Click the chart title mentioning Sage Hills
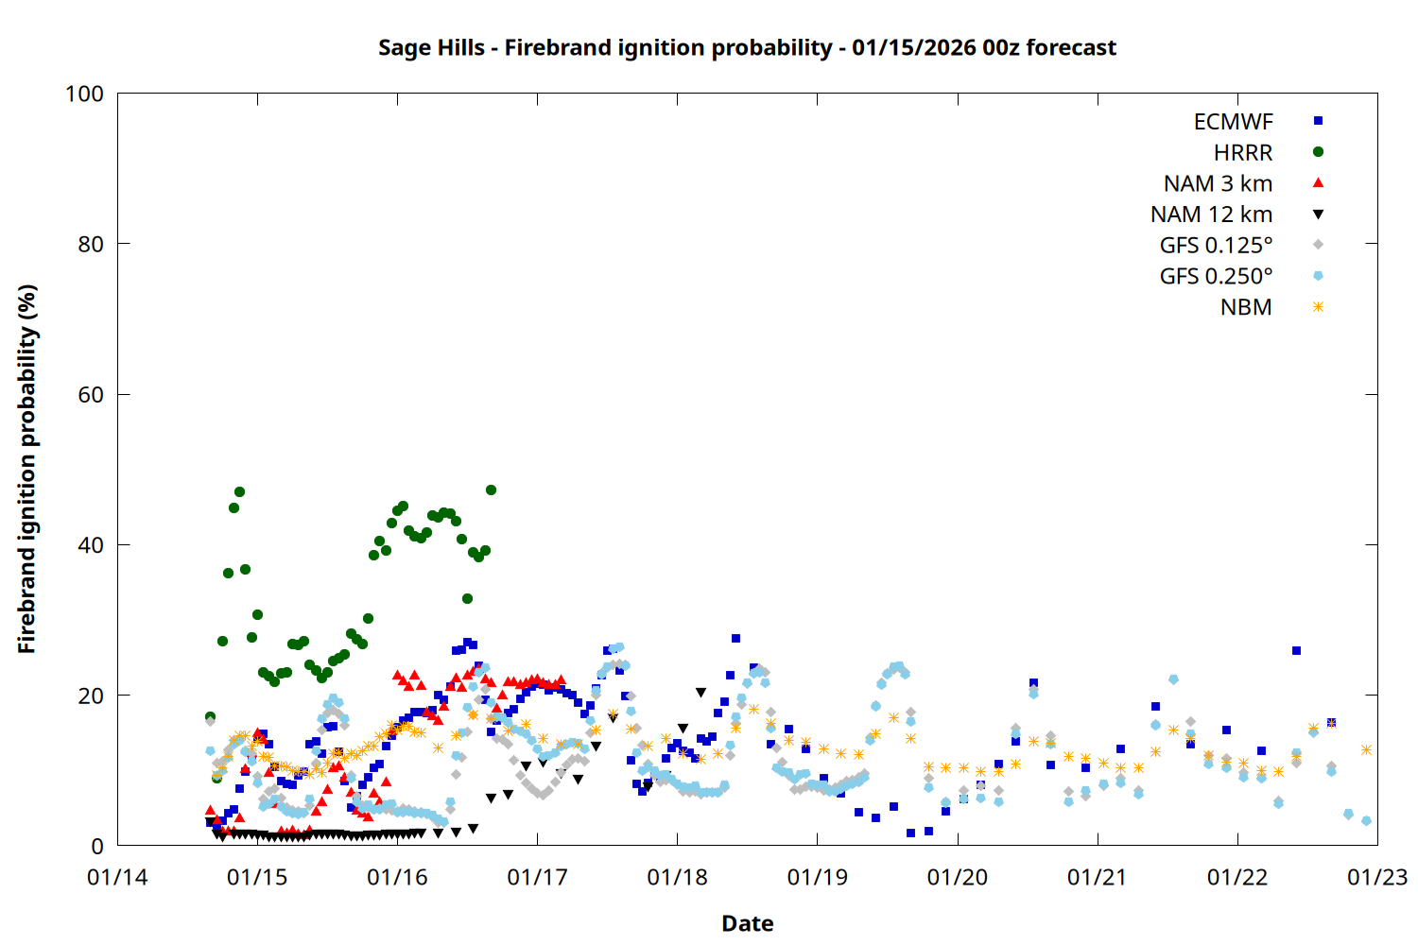(x=747, y=47)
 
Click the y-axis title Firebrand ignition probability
(x=27, y=469)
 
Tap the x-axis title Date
(x=747, y=923)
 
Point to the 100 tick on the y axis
(x=84, y=94)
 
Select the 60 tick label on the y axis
(x=91, y=395)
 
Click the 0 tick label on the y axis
(x=97, y=846)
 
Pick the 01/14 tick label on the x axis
(x=117, y=877)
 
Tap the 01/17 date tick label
(x=537, y=877)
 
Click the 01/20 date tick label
(x=958, y=877)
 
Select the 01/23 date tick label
(x=1377, y=877)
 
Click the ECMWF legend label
(x=1233, y=122)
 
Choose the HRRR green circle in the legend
(x=1318, y=152)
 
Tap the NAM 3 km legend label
(x=1218, y=183)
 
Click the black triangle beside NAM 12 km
(x=1318, y=215)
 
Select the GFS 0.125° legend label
(x=1216, y=246)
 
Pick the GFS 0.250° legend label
(x=1216, y=276)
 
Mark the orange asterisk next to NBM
(x=1318, y=307)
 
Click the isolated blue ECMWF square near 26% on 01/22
(x=1296, y=650)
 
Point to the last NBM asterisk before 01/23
(x=1366, y=749)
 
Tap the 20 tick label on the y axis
(x=91, y=696)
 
